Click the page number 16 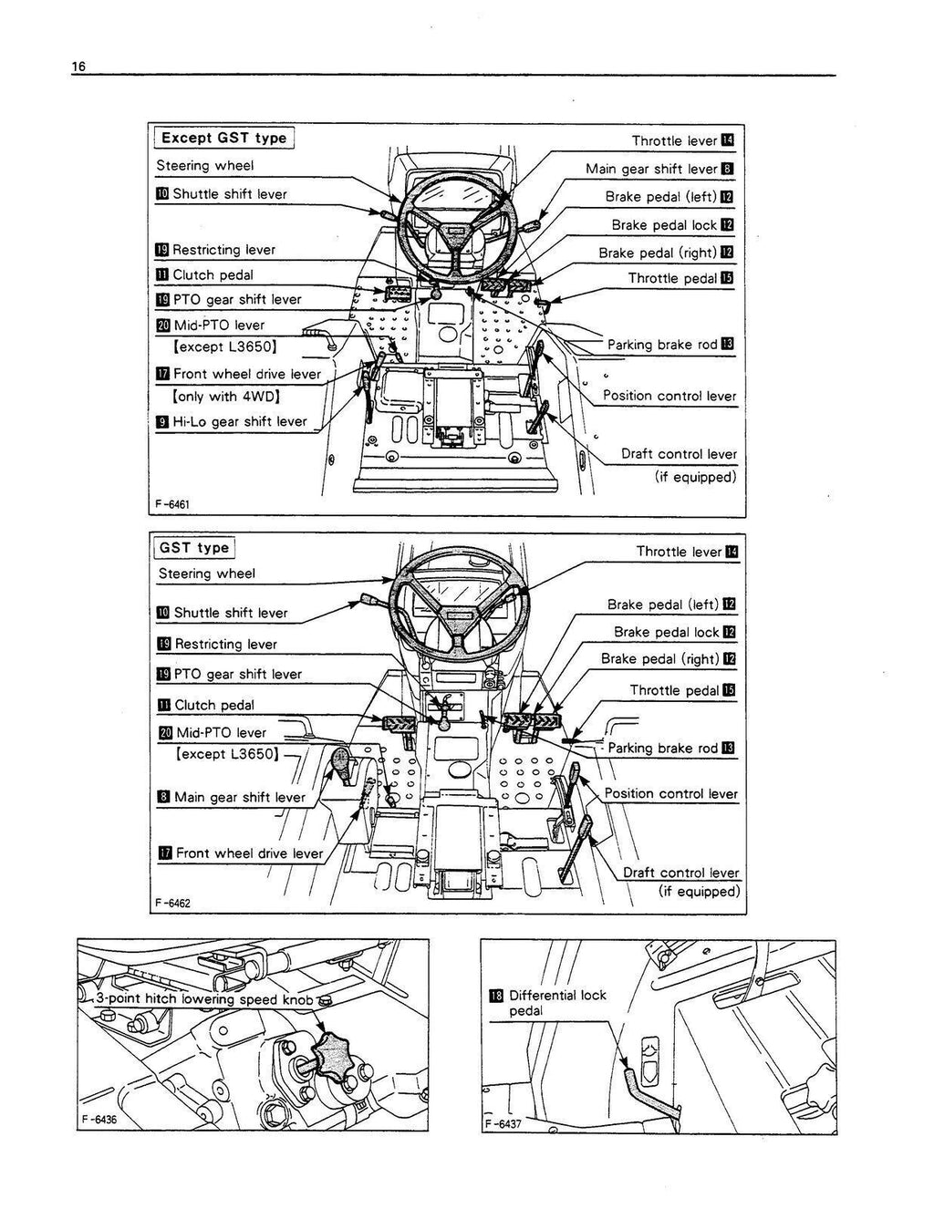78,67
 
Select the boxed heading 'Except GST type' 223,139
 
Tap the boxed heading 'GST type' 193,548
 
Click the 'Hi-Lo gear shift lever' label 240,421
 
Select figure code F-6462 172,903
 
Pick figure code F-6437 503,1123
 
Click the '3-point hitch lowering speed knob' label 206,998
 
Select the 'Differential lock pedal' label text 556,1003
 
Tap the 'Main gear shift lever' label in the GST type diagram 239,797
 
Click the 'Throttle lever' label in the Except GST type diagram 674,140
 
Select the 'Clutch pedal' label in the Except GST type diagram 213,274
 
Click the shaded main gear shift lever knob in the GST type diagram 339,759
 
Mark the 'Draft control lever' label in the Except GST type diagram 679,454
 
